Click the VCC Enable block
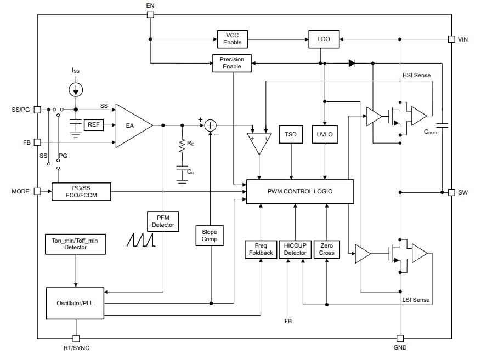pyautogui.click(x=232, y=39)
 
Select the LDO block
pyautogui.click(x=324, y=39)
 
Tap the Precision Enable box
pyautogui.click(x=232, y=63)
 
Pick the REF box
pyautogui.click(x=94, y=125)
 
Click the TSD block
pyautogui.click(x=290, y=134)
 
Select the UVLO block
pyautogui.click(x=325, y=134)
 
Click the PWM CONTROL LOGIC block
pyautogui.click(x=299, y=191)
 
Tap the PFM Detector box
pyautogui.click(x=163, y=221)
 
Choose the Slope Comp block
pyautogui.click(x=210, y=235)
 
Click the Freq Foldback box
pyautogui.click(x=261, y=249)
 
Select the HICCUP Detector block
pyautogui.click(x=295, y=249)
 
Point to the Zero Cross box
pyautogui.click(x=326, y=249)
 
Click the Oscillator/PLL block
pyautogui.click(x=75, y=303)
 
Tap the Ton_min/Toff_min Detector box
pyautogui.click(x=76, y=244)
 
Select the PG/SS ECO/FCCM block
pyautogui.click(x=81, y=192)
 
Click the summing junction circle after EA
pyautogui.click(x=211, y=125)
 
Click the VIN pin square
pyautogui.click(x=451, y=39)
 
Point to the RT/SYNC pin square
pyautogui.click(x=76, y=339)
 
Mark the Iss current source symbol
pyautogui.click(x=76, y=89)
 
